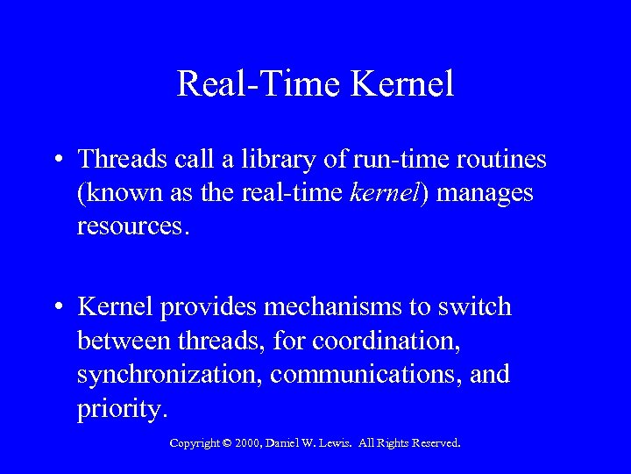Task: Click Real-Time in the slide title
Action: tap(259, 84)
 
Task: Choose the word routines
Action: tap(499, 159)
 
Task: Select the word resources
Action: tap(131, 226)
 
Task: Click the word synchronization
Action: tap(169, 375)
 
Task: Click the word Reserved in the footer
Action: tap(436, 443)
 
